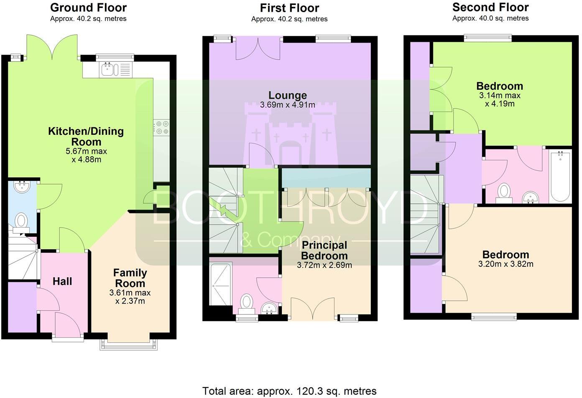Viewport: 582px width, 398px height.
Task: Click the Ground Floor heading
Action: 88,8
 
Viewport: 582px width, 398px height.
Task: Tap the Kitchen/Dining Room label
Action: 86,137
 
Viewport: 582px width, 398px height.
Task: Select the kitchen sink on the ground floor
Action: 108,70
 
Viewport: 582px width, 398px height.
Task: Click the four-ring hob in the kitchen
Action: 161,127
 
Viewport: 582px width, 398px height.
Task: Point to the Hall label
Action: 62,281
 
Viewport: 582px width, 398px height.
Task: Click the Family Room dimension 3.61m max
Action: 130,293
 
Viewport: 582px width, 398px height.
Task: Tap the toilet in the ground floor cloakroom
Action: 21,221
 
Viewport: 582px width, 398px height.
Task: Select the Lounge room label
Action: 288,95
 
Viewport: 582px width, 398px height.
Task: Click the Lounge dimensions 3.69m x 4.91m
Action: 288,105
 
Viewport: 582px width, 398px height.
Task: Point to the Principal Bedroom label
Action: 324,251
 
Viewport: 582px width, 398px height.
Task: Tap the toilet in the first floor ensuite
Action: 247,303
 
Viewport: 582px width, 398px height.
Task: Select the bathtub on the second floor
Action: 560,177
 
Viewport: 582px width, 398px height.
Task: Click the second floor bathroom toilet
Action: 504,193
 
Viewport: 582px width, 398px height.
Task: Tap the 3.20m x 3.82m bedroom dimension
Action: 505,264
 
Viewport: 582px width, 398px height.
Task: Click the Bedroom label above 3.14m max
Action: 500,86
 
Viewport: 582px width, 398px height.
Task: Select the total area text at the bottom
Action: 289,391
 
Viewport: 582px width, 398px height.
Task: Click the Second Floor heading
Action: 490,7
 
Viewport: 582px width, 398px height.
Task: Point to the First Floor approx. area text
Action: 289,19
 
